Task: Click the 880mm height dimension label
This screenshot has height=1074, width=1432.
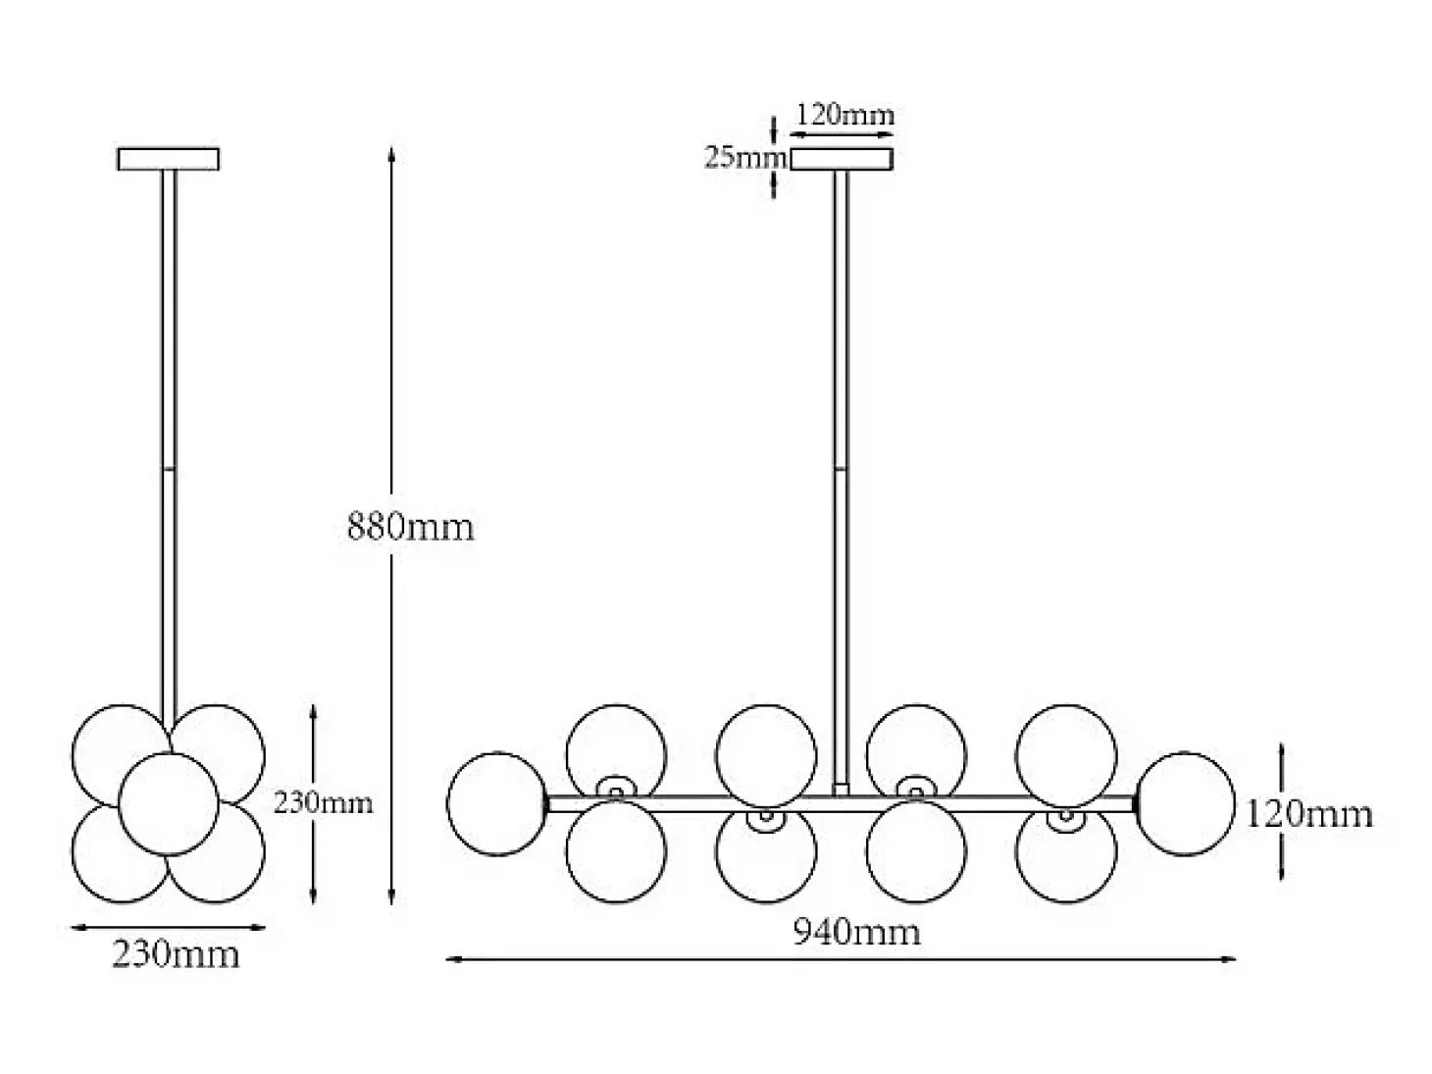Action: tap(410, 527)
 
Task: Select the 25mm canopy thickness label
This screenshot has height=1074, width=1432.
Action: tap(745, 157)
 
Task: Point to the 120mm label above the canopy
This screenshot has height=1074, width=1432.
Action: tap(845, 116)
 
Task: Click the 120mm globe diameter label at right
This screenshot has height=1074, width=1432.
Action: tap(1309, 814)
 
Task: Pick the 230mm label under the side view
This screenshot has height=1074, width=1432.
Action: tap(177, 954)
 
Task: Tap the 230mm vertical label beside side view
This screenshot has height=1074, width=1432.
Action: tap(323, 802)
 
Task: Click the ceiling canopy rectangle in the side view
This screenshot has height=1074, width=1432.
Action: tap(169, 159)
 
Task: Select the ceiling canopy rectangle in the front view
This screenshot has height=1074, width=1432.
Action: tap(842, 159)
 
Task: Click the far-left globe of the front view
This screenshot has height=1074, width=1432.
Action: tap(498, 803)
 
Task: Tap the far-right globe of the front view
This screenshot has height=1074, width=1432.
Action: tap(1185, 803)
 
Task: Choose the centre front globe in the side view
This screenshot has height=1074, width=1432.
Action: tap(169, 803)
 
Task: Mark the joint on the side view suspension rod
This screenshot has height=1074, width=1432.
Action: tap(169, 468)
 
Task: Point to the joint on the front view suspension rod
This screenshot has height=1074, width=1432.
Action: tap(842, 468)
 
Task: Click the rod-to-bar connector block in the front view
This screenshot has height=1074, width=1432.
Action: tap(842, 790)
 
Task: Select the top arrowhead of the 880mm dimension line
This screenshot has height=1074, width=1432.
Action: tap(391, 154)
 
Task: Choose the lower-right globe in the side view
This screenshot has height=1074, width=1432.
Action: tap(215, 851)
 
